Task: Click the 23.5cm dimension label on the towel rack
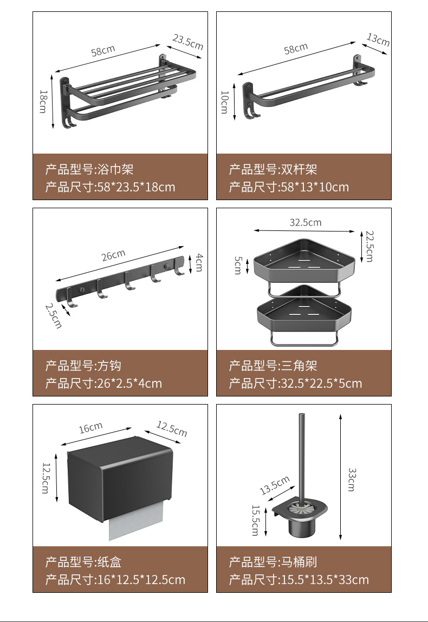pos(188,42)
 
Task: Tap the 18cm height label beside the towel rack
pos(43,101)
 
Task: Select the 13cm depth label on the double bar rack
pos(378,39)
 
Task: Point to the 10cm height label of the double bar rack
pos(224,101)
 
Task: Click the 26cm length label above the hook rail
pos(113,255)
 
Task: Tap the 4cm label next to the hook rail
pos(199,262)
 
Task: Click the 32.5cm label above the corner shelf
pos(305,222)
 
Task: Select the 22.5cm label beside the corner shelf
pos(369,246)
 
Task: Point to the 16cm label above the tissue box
pos(90,428)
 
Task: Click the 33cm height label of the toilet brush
pos(351,479)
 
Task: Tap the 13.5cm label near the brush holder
pos(275,486)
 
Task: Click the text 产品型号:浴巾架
pos(89,170)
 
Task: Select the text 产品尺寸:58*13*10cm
pos(289,187)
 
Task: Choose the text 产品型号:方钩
pos(83,366)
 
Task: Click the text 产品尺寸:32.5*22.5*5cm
pos(295,383)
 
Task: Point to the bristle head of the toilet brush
pos(304,508)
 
